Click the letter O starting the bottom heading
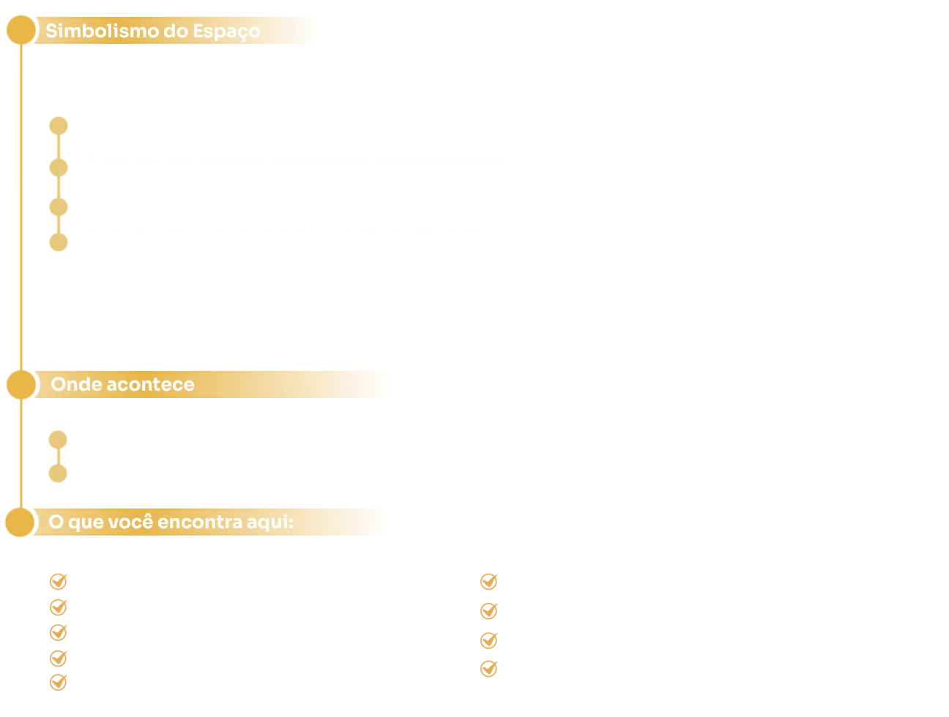[x=56, y=522]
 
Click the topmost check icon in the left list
[x=59, y=581]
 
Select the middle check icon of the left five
[x=59, y=631]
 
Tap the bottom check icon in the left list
[x=59, y=682]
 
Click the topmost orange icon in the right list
[x=491, y=580]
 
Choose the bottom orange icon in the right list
[x=491, y=667]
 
